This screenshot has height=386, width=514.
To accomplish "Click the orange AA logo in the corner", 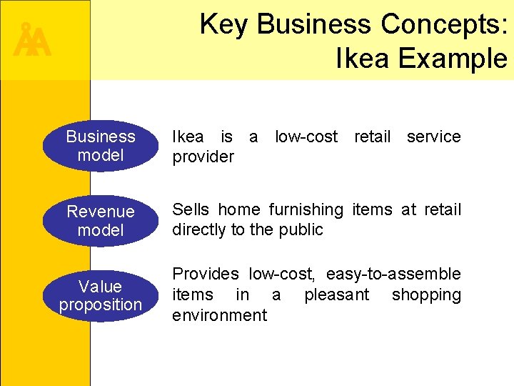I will (32, 41).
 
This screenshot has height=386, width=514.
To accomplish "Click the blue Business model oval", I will (100, 146).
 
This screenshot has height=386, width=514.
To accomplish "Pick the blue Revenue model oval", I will (100, 221).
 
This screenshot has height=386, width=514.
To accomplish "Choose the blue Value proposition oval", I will (100, 295).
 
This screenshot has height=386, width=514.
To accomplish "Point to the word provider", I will (203, 157).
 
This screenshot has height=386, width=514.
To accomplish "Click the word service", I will (433, 137).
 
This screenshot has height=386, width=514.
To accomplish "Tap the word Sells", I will (191, 209).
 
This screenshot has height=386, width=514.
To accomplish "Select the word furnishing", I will (306, 209).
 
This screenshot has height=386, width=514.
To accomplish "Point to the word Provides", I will (206, 274).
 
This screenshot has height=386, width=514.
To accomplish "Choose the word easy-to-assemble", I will (393, 274).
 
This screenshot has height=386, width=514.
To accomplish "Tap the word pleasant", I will (336, 295).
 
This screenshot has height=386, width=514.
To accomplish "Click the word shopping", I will (426, 295).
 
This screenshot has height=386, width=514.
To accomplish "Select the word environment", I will (219, 315).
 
